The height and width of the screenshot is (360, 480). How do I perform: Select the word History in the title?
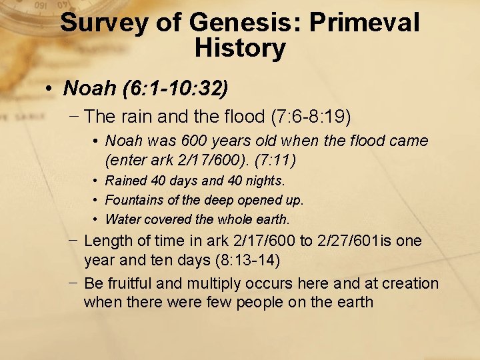pos(240,48)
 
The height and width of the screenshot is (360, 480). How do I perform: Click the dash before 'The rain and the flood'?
pos(74,116)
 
